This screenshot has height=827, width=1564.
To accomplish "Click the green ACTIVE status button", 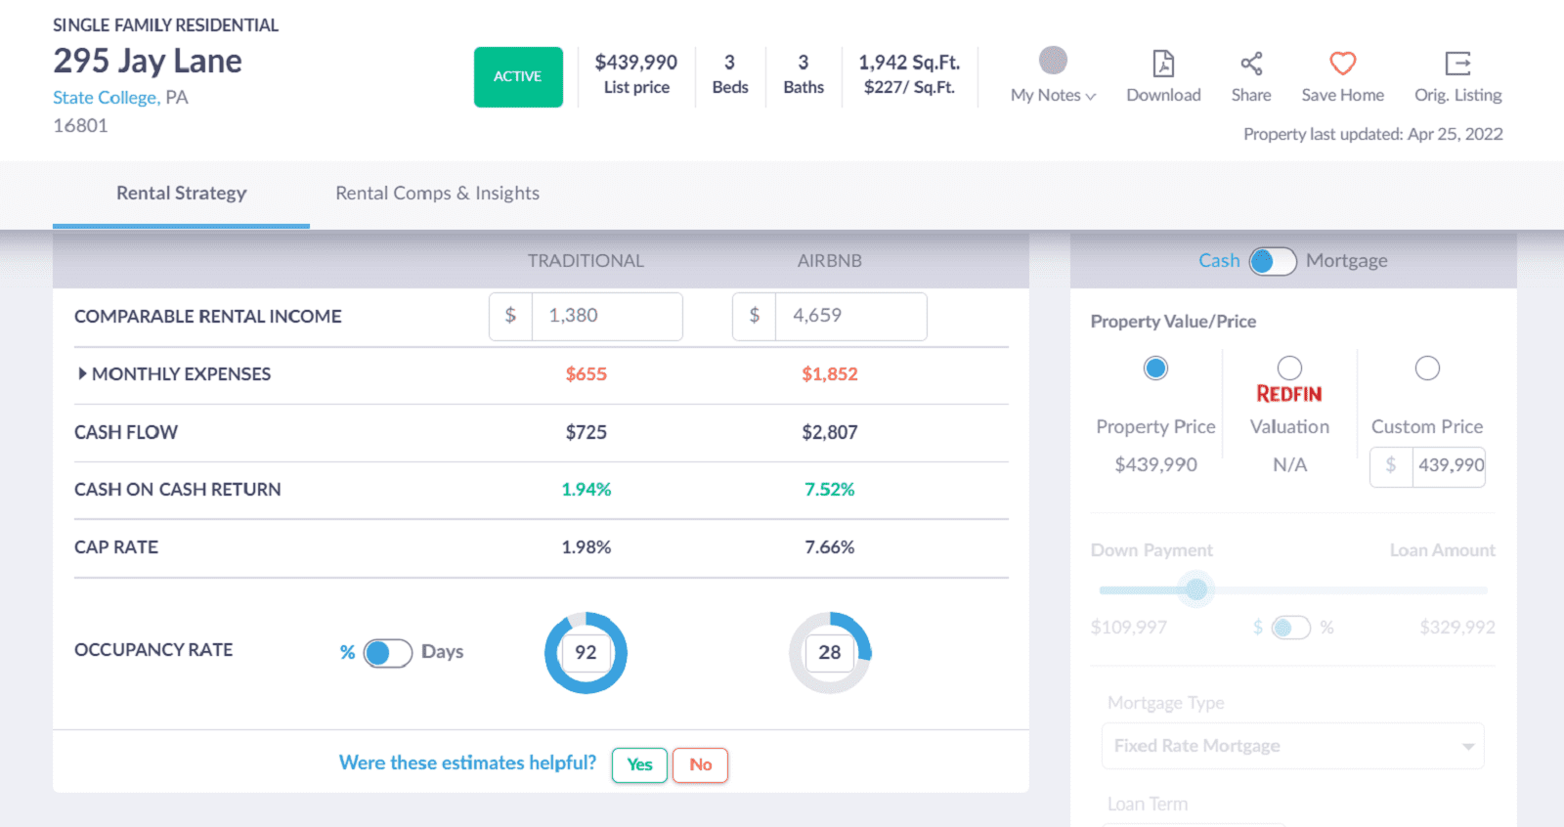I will (x=518, y=77).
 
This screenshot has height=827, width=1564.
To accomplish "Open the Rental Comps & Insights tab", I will (x=437, y=194).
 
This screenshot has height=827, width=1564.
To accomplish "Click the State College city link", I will (x=105, y=98).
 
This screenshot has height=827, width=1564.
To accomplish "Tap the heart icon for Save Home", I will (x=1342, y=64).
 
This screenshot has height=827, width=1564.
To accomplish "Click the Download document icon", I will (x=1163, y=64).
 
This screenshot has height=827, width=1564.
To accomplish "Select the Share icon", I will (x=1251, y=64).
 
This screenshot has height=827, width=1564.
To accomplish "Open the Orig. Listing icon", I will (x=1457, y=64).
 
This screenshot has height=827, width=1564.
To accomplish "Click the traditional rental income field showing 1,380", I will (x=606, y=316).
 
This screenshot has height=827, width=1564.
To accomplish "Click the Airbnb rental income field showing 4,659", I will (x=849, y=316).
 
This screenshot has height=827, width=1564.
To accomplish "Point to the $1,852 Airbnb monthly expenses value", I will (x=829, y=374).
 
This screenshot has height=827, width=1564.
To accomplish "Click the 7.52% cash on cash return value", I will (x=829, y=490).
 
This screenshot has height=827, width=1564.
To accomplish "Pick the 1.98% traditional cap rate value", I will (x=586, y=547).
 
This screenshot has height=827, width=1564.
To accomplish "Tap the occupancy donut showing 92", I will (x=586, y=652).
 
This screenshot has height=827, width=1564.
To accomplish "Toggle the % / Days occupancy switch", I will (x=387, y=652).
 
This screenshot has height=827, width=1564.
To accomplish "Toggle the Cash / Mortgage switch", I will (x=1272, y=261).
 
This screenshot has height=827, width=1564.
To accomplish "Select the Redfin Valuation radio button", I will (x=1289, y=368).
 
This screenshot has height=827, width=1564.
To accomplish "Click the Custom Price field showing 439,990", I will (x=1449, y=465).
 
